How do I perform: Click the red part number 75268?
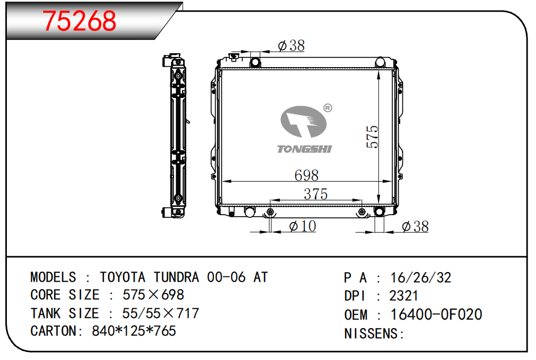[x=79, y=21]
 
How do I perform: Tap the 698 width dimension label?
[x=306, y=175]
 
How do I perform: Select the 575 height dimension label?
[x=372, y=137]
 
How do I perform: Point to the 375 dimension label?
[x=316, y=194]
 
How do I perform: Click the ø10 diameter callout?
[x=302, y=226]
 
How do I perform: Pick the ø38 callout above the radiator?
[x=291, y=45]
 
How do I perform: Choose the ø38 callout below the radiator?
[x=415, y=226]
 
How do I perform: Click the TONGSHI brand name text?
[x=304, y=149]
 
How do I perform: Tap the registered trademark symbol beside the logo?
[x=327, y=108]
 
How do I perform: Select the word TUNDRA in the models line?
[x=176, y=277]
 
